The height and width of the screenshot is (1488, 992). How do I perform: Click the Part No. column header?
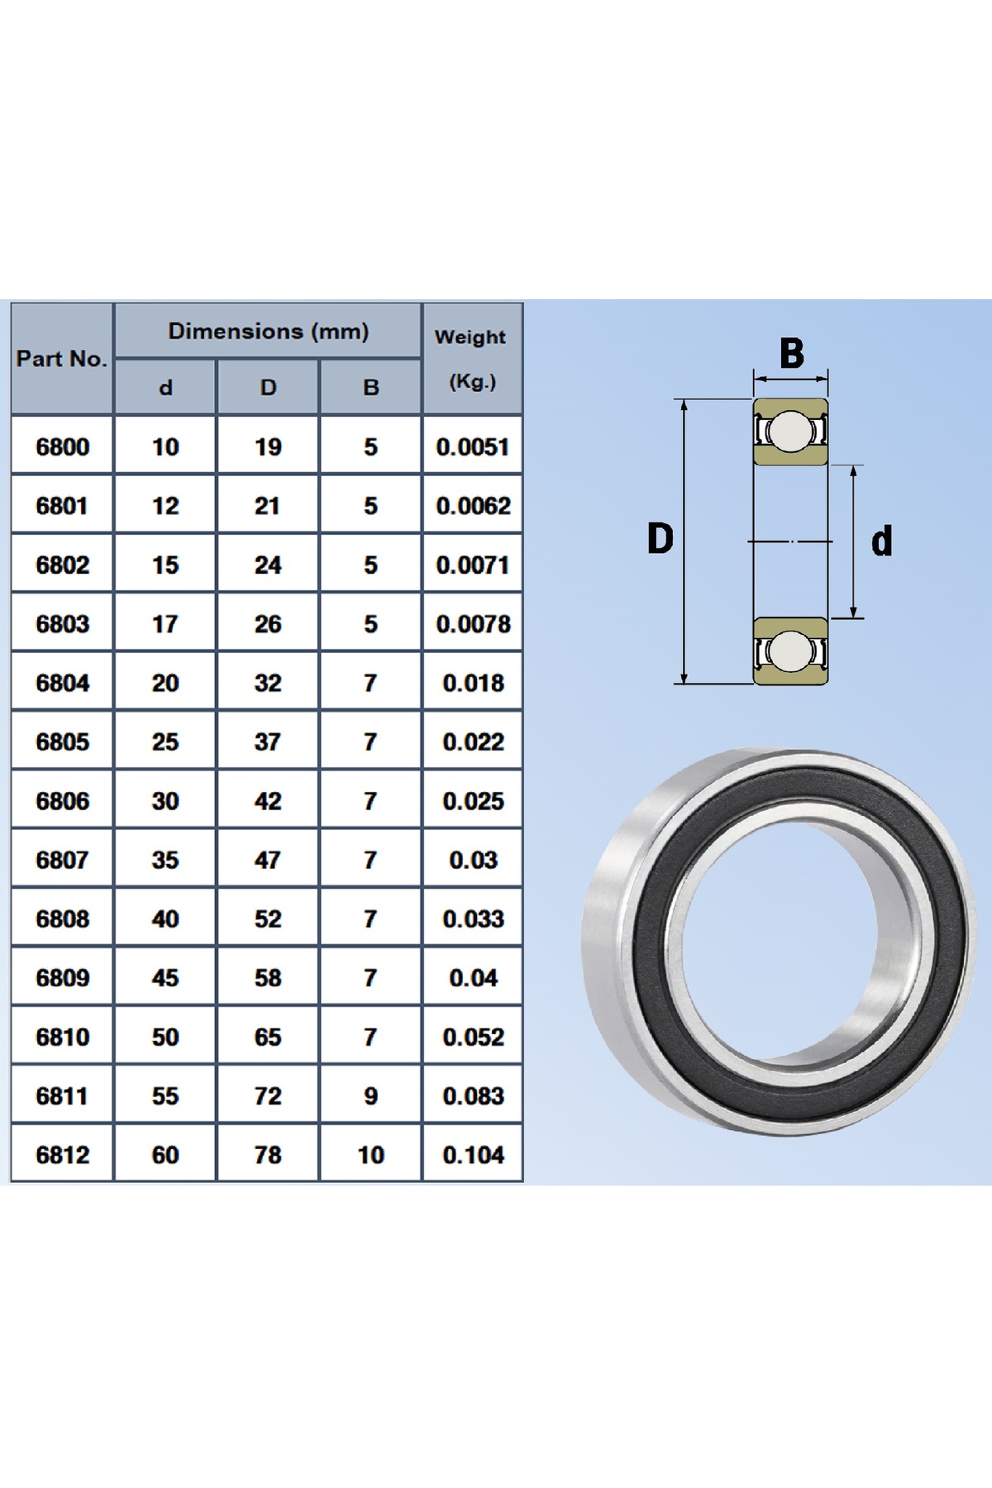(62, 359)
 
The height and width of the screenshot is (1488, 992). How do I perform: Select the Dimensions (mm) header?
(269, 331)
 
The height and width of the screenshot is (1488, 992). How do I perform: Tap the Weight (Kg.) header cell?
(471, 359)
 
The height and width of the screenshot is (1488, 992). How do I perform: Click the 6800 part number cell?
(62, 447)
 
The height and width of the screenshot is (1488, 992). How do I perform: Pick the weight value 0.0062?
(473, 506)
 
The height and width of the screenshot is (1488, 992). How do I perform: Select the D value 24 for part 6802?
(268, 565)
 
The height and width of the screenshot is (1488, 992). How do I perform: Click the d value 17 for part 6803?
(165, 624)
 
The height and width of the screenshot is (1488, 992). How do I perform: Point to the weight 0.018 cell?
(473, 683)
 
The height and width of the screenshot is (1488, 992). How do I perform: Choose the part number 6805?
(62, 742)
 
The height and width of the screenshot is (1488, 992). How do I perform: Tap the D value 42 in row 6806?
(268, 801)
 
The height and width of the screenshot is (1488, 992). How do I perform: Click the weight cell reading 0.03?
(473, 861)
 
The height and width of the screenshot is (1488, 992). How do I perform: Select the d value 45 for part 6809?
(165, 978)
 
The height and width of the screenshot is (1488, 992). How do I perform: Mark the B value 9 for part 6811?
(370, 1096)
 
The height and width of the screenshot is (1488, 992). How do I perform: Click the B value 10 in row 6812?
(370, 1155)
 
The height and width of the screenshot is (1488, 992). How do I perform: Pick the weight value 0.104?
(473, 1155)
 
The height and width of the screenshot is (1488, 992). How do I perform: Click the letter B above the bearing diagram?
(791, 353)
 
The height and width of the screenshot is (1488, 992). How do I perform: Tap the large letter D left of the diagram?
(660, 538)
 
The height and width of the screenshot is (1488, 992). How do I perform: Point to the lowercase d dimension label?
(882, 541)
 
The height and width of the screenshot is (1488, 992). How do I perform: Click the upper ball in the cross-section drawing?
(790, 431)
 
